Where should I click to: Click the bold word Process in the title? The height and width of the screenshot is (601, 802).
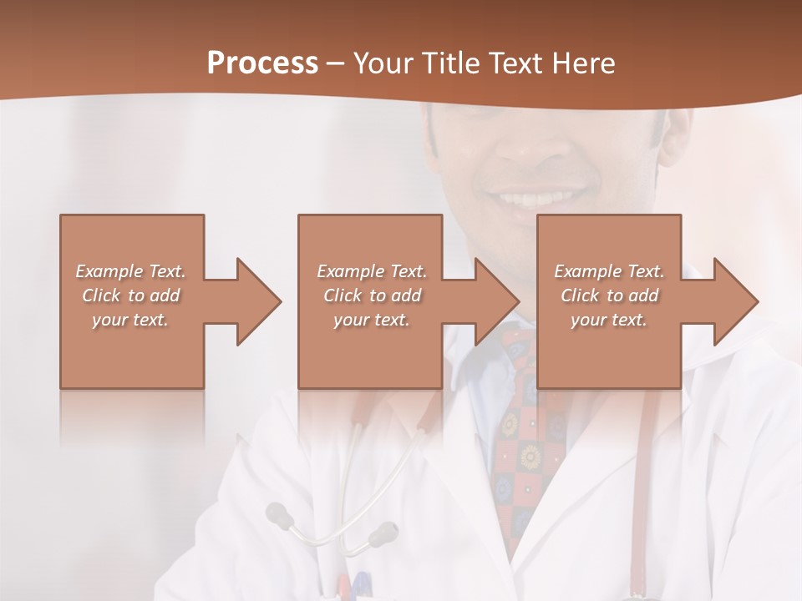262,63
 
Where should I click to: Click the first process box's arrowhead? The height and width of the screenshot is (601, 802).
256,301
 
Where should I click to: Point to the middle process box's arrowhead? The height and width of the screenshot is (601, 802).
495,301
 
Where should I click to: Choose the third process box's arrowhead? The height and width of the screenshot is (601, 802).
733,301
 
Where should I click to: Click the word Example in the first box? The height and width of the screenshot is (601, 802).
109,271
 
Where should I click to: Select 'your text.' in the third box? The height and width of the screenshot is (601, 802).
609,320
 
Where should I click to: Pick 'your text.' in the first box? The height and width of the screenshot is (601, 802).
130,320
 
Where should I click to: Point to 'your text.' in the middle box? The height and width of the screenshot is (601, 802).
371,320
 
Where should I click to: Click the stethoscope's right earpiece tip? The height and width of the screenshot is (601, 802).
386,530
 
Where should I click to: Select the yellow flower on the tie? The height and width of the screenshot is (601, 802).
529,456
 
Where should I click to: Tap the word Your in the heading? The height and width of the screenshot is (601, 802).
381,63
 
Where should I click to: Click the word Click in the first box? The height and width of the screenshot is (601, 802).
100,295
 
